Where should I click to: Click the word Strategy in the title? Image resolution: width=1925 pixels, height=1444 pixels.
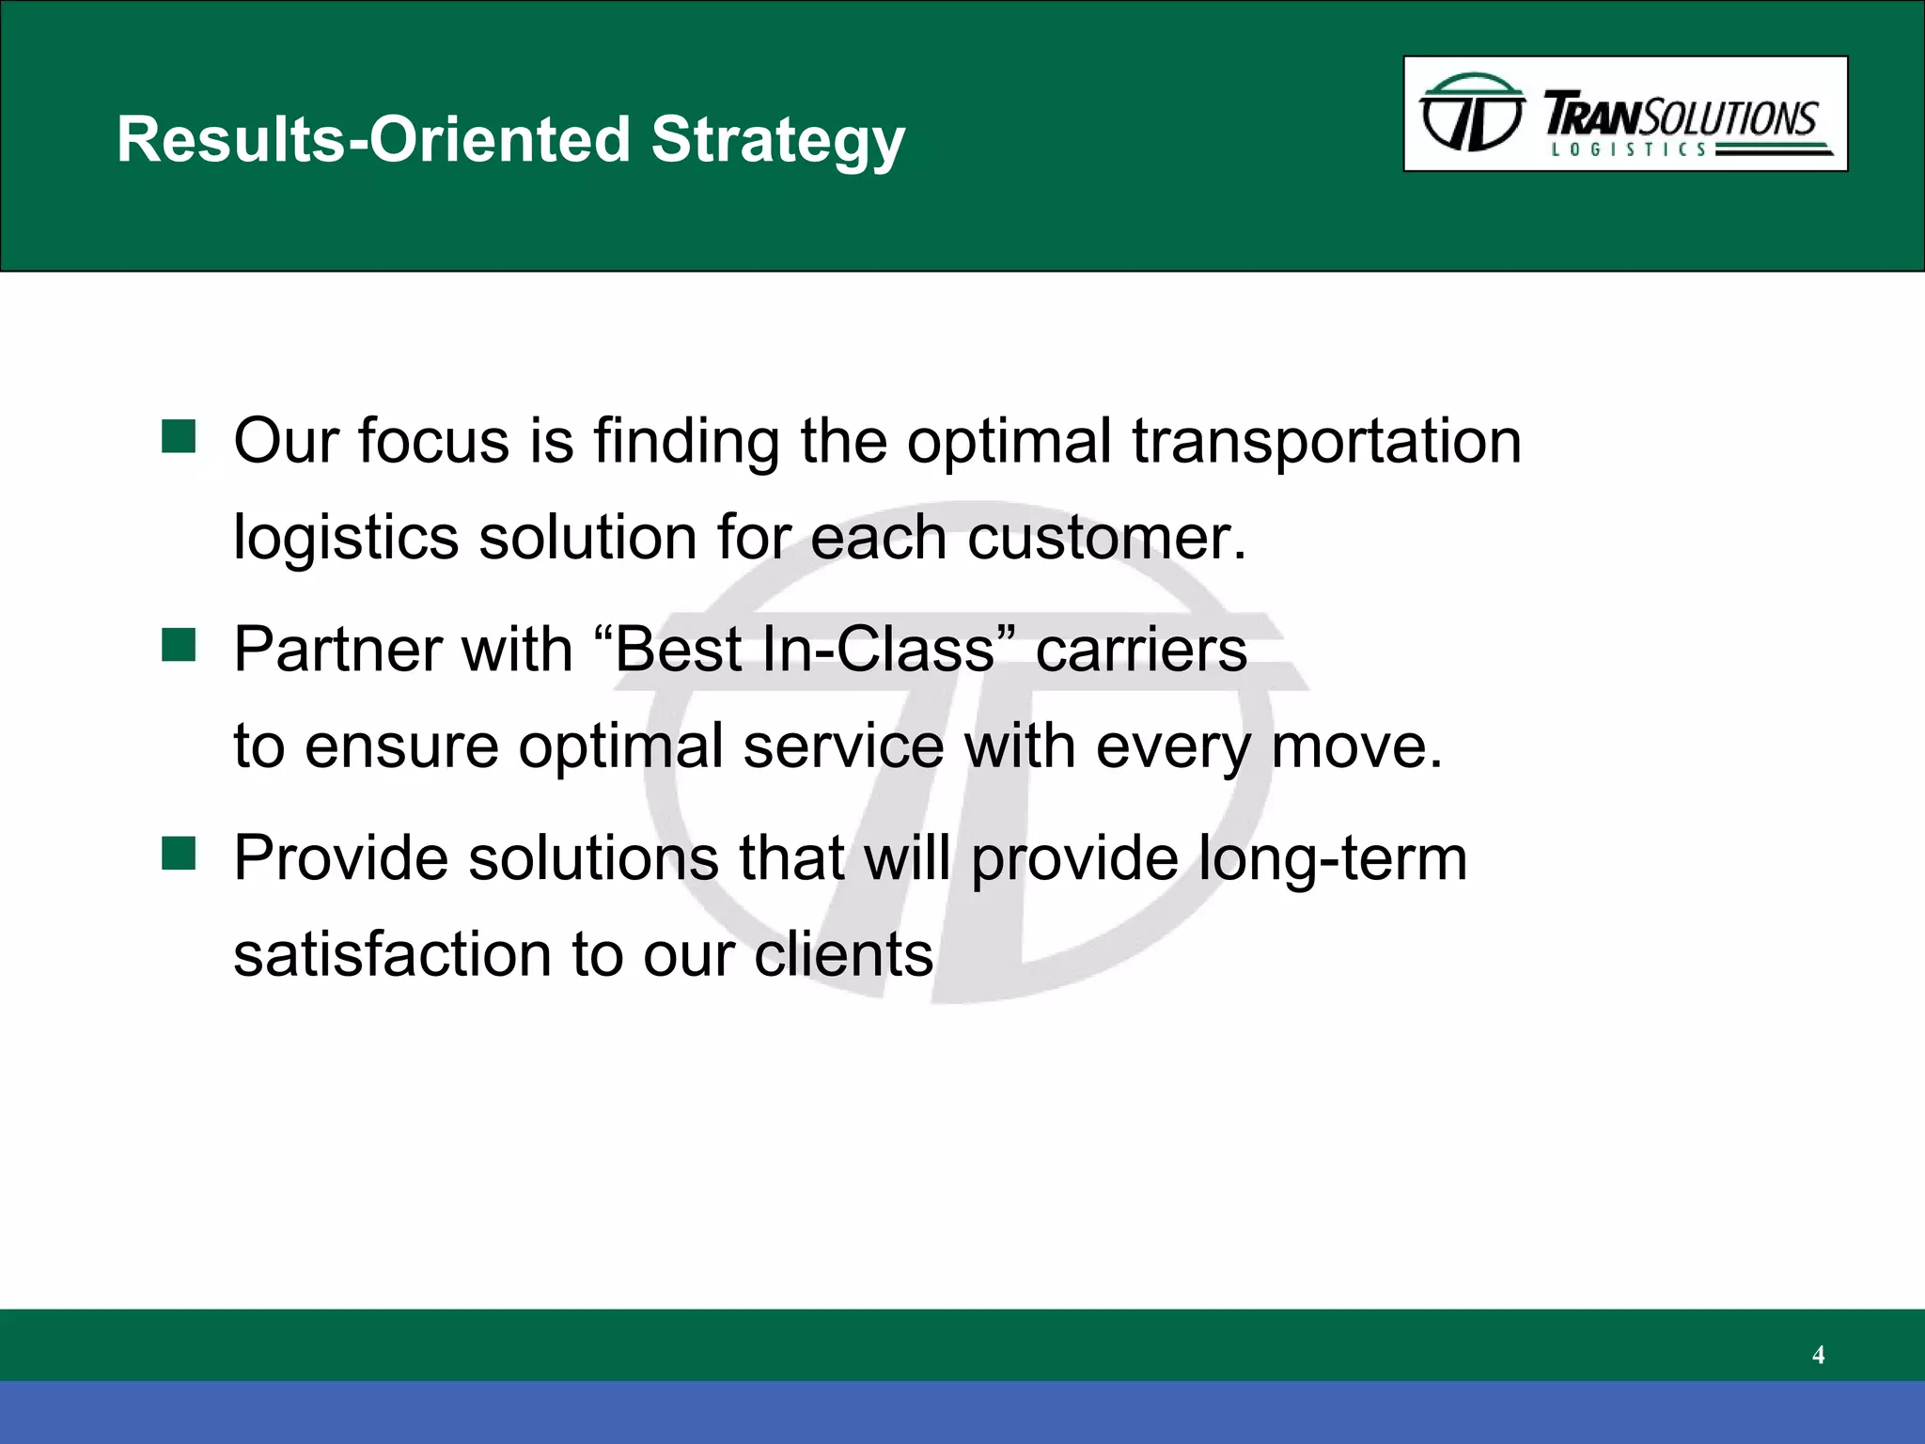tap(777, 140)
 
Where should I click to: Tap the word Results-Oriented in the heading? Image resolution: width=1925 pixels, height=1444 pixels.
tap(373, 140)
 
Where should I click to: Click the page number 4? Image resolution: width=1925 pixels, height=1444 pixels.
tap(1818, 1355)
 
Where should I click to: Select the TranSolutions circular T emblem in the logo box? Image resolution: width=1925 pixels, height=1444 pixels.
tap(1472, 113)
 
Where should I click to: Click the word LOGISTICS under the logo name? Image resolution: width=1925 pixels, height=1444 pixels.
tap(1628, 149)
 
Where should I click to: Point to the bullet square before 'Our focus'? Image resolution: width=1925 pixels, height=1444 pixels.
tap(179, 437)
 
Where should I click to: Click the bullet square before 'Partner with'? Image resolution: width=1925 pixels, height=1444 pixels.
tap(179, 646)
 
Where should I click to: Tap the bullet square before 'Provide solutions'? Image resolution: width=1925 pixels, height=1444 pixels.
tap(179, 855)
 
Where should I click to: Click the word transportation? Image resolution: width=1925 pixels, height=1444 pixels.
tap(1326, 441)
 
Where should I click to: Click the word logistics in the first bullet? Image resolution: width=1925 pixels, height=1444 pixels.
tap(346, 538)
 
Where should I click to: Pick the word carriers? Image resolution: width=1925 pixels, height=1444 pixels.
tap(1141, 650)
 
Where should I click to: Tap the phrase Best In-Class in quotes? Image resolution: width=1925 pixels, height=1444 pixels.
tap(805, 650)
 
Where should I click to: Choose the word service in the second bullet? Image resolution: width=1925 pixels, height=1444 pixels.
tap(843, 746)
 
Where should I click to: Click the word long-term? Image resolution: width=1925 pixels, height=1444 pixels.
tap(1332, 859)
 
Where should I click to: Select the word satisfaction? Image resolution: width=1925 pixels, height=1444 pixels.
tap(392, 955)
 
